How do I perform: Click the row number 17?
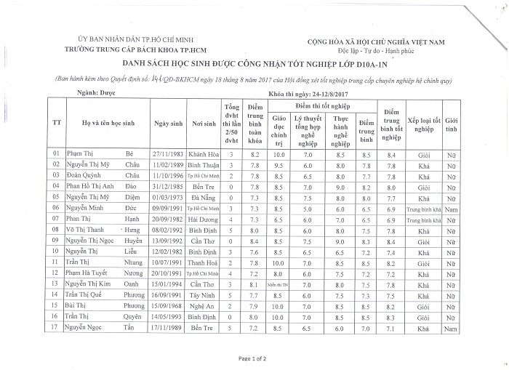[x=56, y=329]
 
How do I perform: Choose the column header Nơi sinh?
[x=204, y=124]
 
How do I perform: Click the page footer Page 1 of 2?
[x=254, y=358]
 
